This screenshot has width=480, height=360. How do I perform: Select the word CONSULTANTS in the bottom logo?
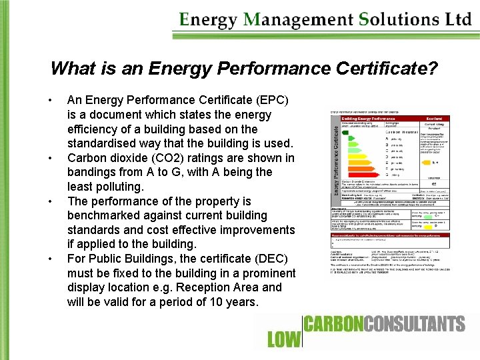pos(409,325)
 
